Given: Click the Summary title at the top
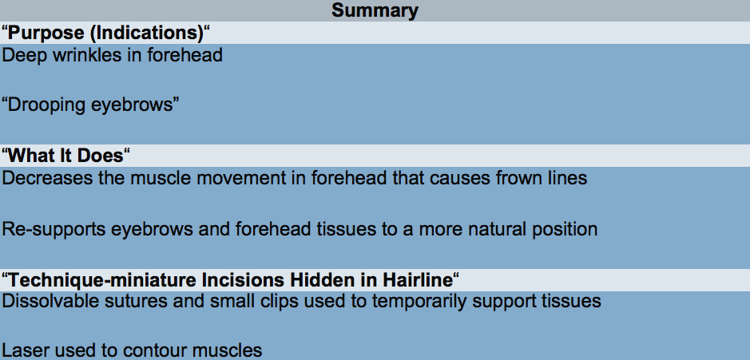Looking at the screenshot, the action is pos(375,10).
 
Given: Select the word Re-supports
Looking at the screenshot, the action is pos(54,229).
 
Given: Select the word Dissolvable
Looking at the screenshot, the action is pos(46,301).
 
